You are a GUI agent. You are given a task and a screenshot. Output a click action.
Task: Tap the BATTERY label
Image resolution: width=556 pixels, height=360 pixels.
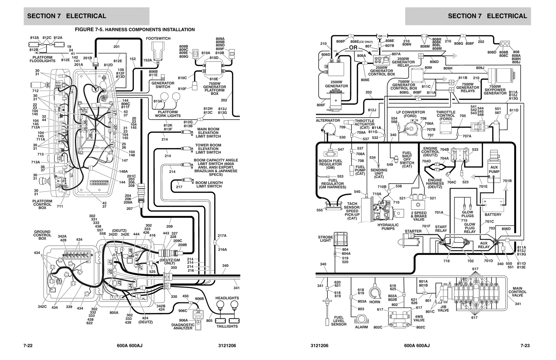pyautogui.click(x=493, y=215)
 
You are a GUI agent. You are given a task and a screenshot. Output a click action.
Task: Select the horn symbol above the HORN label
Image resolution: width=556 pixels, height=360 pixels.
pyautogui.click(x=375, y=293)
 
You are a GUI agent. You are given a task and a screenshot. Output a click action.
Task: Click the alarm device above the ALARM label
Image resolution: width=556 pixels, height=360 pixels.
pyautogui.click(x=361, y=319)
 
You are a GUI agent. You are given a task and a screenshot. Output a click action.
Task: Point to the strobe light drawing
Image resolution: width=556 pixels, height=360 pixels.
pyautogui.click(x=340, y=238)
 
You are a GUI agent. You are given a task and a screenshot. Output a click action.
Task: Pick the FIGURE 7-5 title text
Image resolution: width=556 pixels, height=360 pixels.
pyautogui.click(x=135, y=30)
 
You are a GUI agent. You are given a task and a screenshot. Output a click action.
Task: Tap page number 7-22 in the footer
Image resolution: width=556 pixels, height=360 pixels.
pyautogui.click(x=28, y=346)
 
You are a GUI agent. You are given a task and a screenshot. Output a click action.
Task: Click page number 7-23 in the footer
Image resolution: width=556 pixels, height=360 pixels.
pyautogui.click(x=525, y=346)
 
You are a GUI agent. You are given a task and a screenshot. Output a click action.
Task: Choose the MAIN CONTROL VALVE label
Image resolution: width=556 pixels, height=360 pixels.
pyautogui.click(x=517, y=292)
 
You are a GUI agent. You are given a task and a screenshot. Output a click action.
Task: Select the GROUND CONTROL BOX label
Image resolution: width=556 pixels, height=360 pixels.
pyautogui.click(x=43, y=235)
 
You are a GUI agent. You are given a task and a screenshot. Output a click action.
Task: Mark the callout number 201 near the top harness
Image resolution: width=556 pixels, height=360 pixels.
pyautogui.click(x=116, y=46)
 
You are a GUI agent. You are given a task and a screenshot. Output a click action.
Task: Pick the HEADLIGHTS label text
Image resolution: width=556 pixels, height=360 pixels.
pyautogui.click(x=227, y=298)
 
